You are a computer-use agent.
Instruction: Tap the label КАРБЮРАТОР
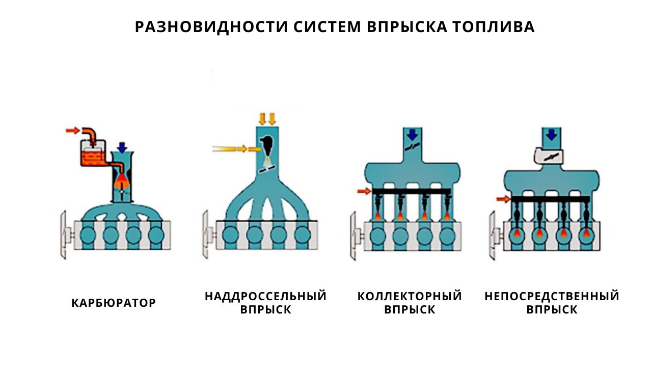click(114, 303)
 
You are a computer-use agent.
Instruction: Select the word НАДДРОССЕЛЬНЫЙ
click(266, 296)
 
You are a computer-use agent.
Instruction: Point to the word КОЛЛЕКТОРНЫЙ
click(410, 296)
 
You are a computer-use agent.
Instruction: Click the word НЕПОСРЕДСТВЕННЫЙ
click(552, 296)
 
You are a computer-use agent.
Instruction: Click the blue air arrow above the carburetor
click(123, 147)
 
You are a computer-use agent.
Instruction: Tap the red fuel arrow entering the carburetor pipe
click(73, 130)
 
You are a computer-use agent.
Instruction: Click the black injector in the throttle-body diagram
click(267, 146)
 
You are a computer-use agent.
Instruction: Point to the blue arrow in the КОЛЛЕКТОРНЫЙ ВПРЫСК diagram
click(412, 135)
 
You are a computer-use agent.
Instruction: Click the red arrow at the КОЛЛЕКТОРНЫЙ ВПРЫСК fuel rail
click(364, 191)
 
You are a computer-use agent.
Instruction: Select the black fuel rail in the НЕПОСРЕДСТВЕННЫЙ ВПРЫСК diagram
click(551, 199)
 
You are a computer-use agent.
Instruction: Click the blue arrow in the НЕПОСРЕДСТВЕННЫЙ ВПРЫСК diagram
click(551, 135)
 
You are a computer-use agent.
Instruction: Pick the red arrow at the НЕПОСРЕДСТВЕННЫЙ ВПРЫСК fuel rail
click(503, 199)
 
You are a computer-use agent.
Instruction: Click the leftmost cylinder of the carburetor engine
click(88, 235)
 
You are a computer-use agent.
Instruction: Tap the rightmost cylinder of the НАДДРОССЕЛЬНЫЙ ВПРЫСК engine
click(303, 235)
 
